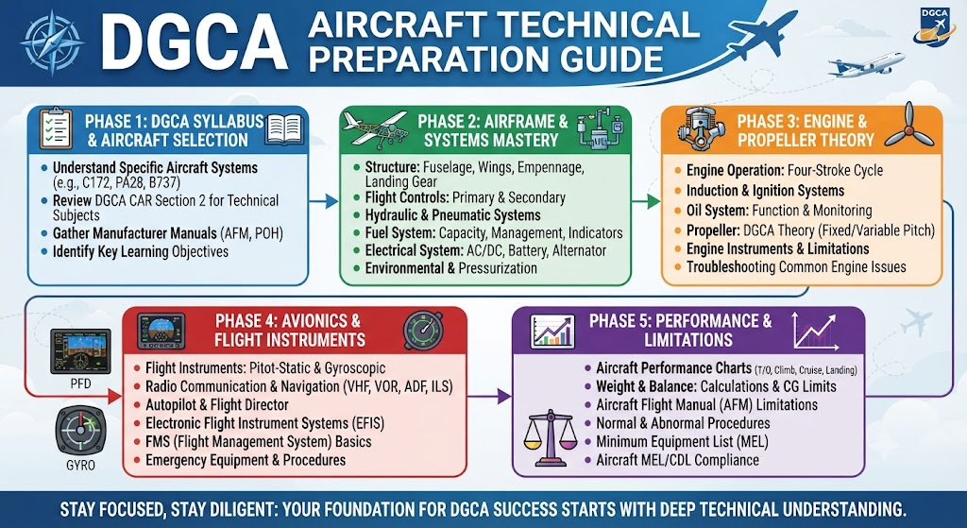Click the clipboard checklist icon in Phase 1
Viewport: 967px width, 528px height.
click(x=56, y=128)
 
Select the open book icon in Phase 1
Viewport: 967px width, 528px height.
click(x=283, y=129)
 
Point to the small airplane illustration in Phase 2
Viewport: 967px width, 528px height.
click(x=378, y=128)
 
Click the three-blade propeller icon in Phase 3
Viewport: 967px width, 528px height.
click(x=908, y=126)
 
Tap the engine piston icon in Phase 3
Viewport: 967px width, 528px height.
click(x=701, y=128)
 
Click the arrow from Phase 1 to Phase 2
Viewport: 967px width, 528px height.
click(x=323, y=200)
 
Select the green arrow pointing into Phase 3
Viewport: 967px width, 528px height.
click(x=646, y=200)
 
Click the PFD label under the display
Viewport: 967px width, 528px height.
click(x=81, y=383)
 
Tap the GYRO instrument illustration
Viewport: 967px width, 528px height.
click(x=81, y=431)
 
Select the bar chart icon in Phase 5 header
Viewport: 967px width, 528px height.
click(x=552, y=332)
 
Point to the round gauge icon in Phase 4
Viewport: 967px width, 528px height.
click(x=423, y=331)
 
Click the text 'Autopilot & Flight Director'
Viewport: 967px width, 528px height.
click(x=217, y=405)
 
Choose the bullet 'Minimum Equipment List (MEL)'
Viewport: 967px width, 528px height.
click(x=682, y=442)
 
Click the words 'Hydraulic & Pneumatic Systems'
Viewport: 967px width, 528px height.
click(x=452, y=215)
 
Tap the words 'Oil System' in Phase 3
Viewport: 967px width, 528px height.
click(x=717, y=211)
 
